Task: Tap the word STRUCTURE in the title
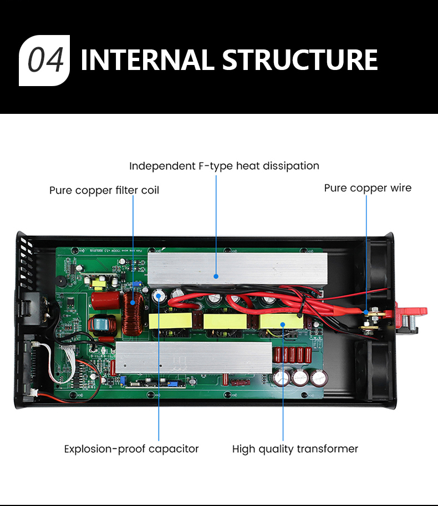[300, 61]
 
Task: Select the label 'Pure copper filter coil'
[104, 191]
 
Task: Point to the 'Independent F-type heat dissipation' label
[224, 166]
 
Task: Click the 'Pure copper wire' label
[368, 188]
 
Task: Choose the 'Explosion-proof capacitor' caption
[131, 449]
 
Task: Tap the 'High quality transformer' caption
[295, 449]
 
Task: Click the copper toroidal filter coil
[133, 314]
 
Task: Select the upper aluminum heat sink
[237, 269]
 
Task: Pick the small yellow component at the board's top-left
[99, 284]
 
